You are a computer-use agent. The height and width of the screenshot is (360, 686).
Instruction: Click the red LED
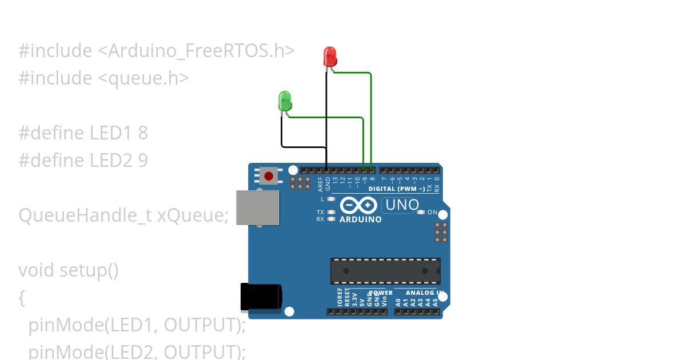(x=330, y=56)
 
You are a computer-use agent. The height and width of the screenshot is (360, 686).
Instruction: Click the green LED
(x=285, y=101)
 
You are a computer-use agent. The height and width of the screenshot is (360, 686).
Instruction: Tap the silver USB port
(x=258, y=207)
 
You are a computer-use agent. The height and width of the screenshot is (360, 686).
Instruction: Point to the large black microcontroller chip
(x=385, y=271)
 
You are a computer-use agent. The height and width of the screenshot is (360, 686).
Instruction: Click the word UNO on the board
(x=402, y=205)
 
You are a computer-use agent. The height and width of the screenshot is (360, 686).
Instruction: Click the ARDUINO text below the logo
(x=360, y=219)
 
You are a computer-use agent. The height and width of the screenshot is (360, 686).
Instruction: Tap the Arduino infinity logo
(x=358, y=205)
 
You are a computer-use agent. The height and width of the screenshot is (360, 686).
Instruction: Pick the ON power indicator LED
(x=421, y=213)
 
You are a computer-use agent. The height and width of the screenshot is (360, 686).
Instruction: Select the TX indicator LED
(x=332, y=213)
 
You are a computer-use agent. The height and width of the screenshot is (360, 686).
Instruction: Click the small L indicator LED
(x=332, y=199)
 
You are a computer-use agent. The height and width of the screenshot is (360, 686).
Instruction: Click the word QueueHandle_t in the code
(x=85, y=215)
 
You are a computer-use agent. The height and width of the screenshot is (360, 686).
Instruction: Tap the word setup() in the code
(x=89, y=270)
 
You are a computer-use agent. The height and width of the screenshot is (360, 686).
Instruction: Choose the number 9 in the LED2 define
(x=143, y=161)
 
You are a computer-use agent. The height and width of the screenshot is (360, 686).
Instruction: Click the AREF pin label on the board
(x=321, y=183)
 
